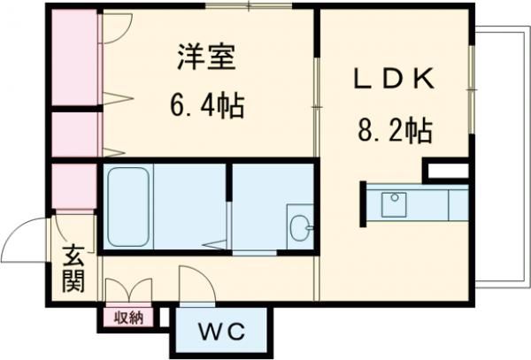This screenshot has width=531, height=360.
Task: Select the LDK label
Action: click(393, 79)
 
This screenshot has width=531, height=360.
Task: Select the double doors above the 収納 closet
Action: click(128, 292)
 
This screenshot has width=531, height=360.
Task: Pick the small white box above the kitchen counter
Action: click(447, 170)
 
